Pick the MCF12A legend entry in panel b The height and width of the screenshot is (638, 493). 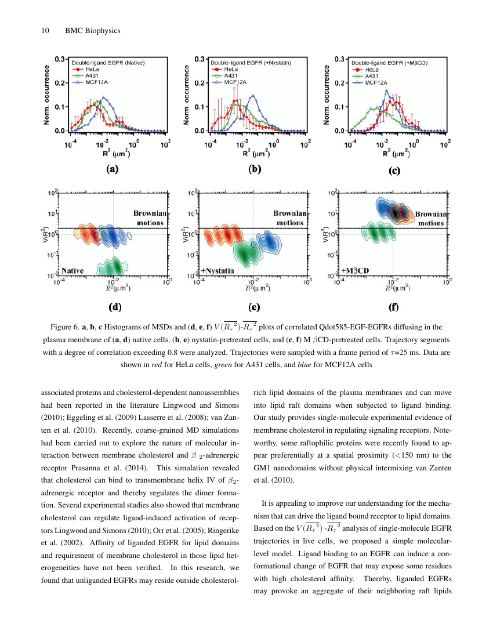pos(231,82)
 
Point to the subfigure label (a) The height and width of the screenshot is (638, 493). pos(111,169)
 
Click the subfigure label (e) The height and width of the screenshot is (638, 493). pos(253,305)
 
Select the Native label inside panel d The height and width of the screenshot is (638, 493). pos(73,270)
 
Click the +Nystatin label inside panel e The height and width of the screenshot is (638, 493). pos(217,270)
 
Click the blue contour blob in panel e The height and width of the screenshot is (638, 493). pos(269,240)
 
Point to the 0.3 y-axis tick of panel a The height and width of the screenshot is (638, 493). pos(59,59)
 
